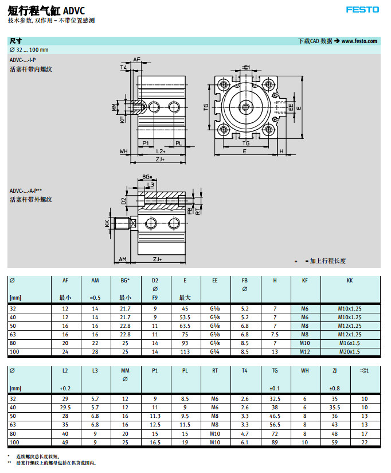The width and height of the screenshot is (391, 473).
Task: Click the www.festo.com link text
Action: pyautogui.click(x=359, y=41)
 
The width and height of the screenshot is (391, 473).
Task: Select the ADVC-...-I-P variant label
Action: pyautogui.click(x=23, y=60)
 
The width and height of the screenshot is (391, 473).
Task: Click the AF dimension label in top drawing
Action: pyautogui.click(x=136, y=60)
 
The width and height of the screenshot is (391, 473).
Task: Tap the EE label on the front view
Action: pyautogui.click(x=291, y=107)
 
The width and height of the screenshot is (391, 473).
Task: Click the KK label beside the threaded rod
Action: pyautogui.click(x=107, y=223)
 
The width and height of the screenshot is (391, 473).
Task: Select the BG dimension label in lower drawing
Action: pyautogui.click(x=147, y=177)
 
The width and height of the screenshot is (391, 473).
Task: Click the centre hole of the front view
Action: pyautogui.click(x=245, y=107)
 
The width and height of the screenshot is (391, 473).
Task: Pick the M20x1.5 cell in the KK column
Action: pyautogui.click(x=350, y=351)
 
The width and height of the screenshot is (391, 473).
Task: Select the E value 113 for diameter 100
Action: pyautogui.click(x=185, y=351)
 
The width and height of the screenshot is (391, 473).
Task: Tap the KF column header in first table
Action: pyautogui.click(x=305, y=280)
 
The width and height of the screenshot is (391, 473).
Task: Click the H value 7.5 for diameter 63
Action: pyautogui.click(x=275, y=334)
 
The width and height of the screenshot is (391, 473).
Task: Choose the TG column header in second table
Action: pyautogui.click(x=275, y=371)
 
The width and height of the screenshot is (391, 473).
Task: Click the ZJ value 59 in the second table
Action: pyautogui.click(x=334, y=442)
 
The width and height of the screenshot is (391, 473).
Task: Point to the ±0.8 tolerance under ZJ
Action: pyautogui.click(x=334, y=389)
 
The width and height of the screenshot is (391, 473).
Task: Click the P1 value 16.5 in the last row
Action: pyautogui.click(x=155, y=442)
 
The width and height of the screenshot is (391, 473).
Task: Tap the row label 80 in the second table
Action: pyautogui.click(x=13, y=433)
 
